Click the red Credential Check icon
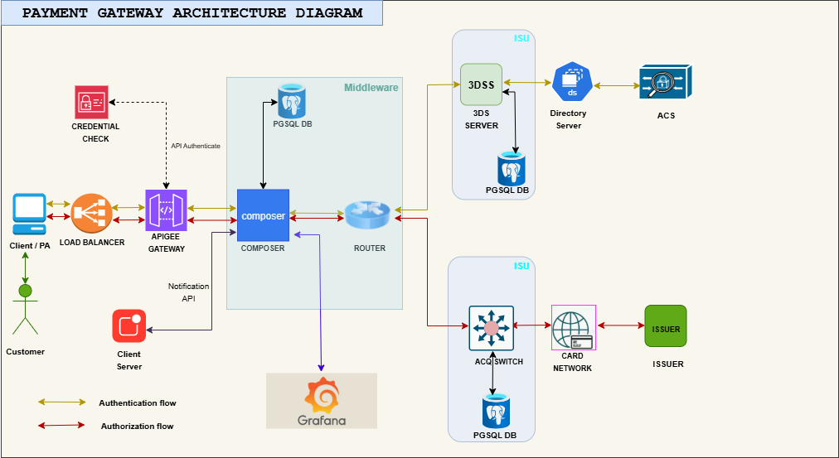pos(91,102)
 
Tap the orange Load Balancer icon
pos(91,213)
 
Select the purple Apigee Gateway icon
pos(166,210)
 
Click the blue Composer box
pos(263,215)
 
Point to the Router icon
pos(368,215)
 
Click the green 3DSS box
pos(481,84)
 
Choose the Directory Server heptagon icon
pos(572,82)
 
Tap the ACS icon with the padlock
pos(666,82)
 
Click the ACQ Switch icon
pos(491,328)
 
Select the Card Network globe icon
pos(574,328)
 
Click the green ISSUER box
pos(666,326)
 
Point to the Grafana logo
pos(322,401)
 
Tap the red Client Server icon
pos(129,326)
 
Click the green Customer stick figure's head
pos(25,292)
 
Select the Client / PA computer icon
pos(29,214)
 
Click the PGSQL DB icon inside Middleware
pos(292,101)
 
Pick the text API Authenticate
pos(196,146)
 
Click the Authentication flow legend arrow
pos(61,402)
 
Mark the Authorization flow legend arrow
pos(61,426)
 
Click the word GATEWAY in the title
pos(130,12)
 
